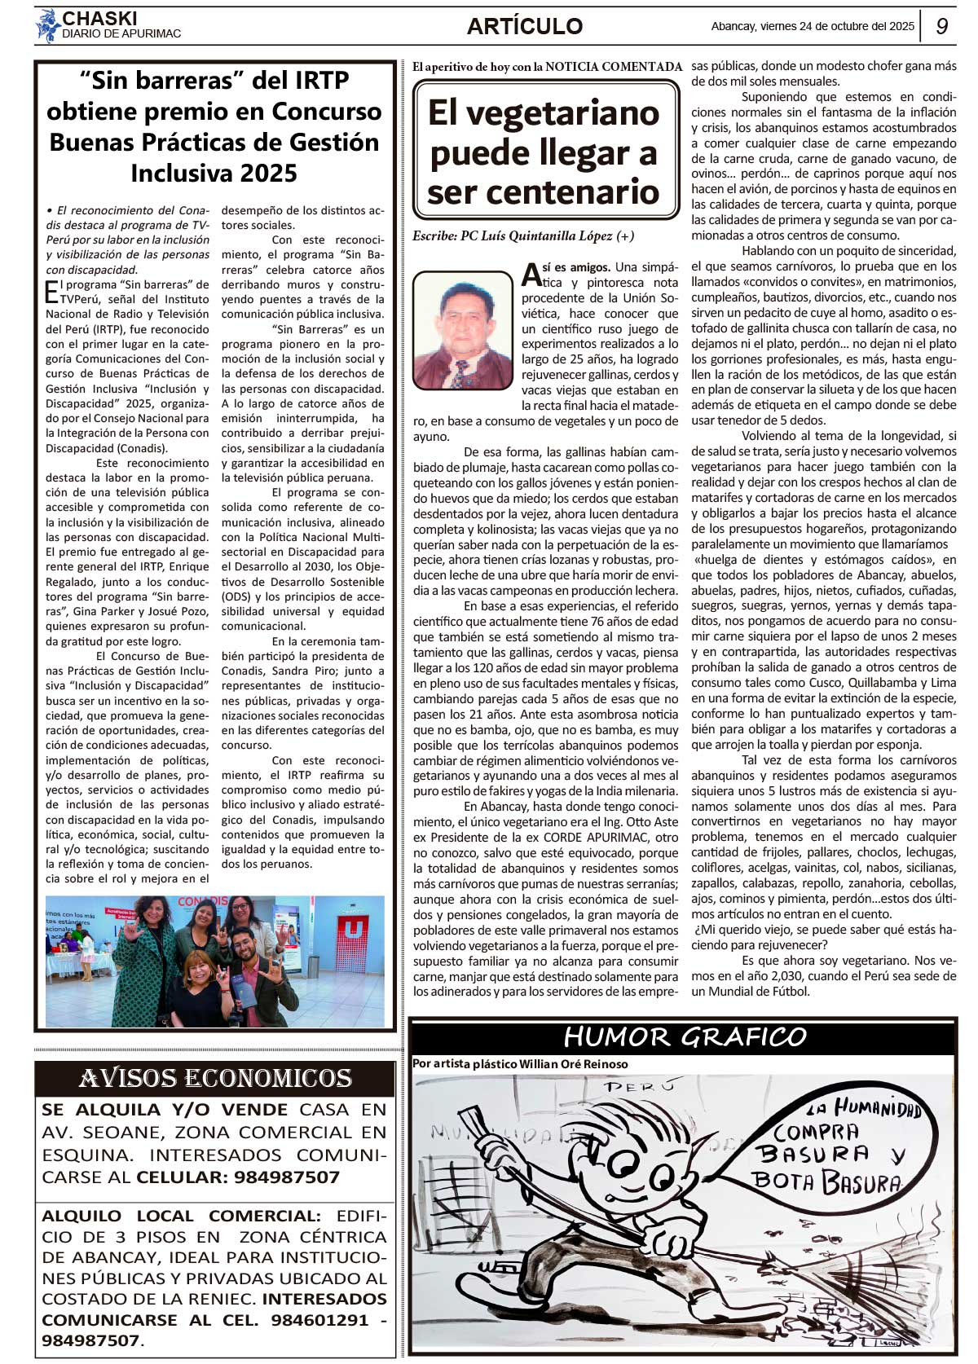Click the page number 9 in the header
click(941, 26)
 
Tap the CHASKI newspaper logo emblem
click(47, 26)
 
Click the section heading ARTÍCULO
click(525, 26)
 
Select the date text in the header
click(813, 26)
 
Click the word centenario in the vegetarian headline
click(543, 192)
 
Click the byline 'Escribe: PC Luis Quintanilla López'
click(522, 236)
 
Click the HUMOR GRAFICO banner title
click(685, 1036)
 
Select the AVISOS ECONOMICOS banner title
click(215, 1078)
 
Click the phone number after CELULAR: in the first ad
click(287, 1177)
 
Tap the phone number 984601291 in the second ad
click(320, 1320)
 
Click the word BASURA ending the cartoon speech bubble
click(861, 1183)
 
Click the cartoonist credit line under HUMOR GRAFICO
click(520, 1063)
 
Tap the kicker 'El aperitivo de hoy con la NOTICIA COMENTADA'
click(547, 67)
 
